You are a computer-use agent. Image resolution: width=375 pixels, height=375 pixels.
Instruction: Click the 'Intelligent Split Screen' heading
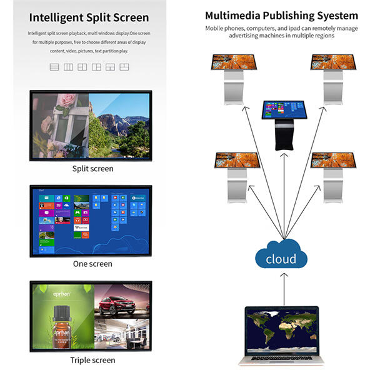click(x=89, y=17)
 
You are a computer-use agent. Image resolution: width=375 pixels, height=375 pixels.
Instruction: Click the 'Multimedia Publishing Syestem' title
click(x=281, y=16)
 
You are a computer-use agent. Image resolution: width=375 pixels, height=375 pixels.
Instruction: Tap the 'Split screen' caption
click(x=92, y=169)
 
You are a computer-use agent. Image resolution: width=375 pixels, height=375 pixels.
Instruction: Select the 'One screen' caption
click(x=92, y=264)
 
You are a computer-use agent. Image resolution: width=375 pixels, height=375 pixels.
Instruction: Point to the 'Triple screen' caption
click(x=92, y=360)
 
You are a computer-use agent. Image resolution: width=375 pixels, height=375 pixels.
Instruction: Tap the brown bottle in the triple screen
click(x=62, y=330)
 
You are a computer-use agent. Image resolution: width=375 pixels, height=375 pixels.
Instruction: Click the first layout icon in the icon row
click(x=54, y=67)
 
